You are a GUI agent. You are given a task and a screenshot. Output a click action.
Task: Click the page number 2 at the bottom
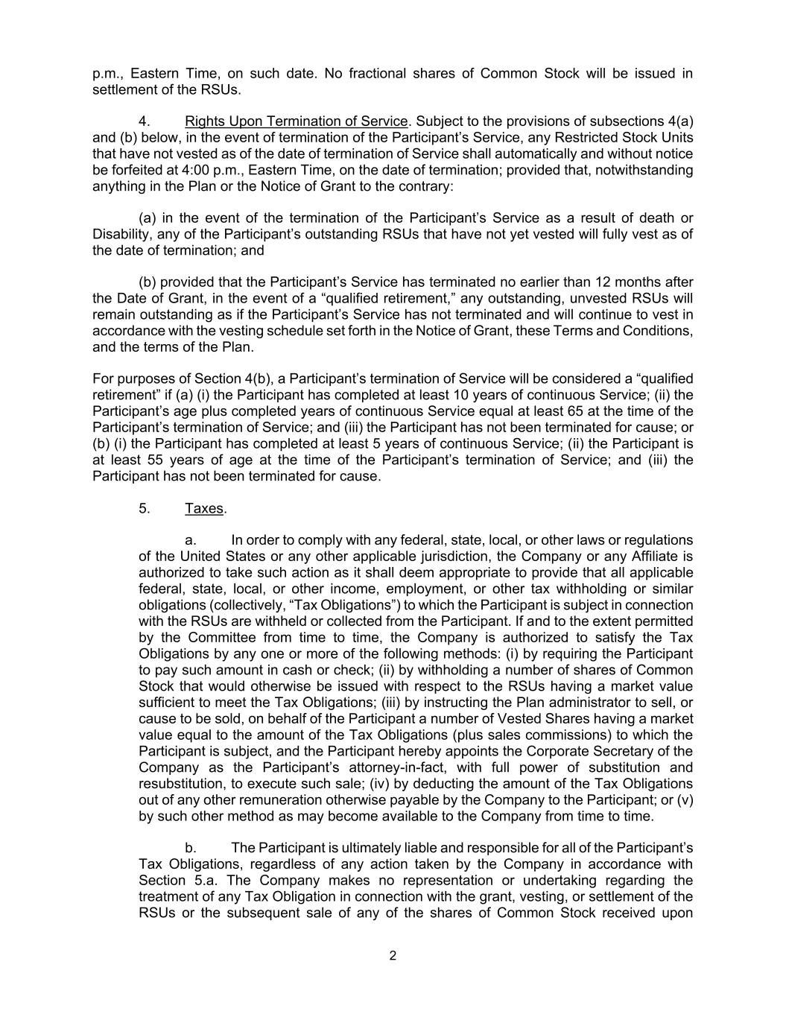(x=393, y=956)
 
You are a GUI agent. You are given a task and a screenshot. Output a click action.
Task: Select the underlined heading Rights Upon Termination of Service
(x=297, y=121)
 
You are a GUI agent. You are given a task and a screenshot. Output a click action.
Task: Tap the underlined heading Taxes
(x=204, y=508)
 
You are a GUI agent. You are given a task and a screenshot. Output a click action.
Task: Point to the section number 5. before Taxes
(x=145, y=508)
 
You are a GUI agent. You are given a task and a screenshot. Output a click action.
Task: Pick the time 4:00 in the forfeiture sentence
(x=196, y=170)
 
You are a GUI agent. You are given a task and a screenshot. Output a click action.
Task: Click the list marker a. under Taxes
(x=190, y=540)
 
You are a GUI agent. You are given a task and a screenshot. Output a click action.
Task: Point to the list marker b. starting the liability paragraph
(x=190, y=848)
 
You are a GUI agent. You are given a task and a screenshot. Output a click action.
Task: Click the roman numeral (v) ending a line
(x=685, y=799)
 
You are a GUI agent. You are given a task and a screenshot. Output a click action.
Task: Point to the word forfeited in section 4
(x=136, y=170)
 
